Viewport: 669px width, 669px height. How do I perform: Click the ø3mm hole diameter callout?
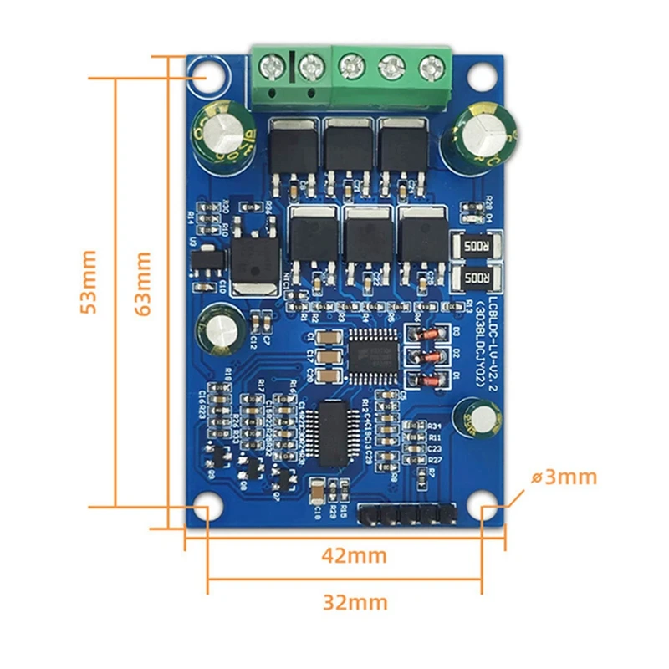(564, 477)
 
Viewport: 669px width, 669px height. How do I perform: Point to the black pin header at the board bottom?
(408, 514)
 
